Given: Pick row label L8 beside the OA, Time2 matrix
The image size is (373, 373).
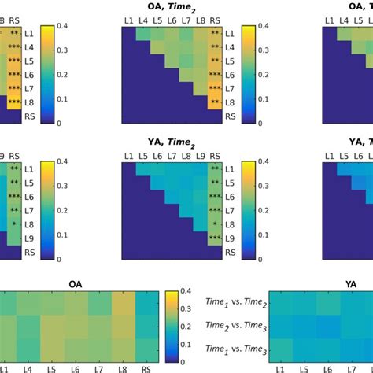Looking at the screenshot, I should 230,102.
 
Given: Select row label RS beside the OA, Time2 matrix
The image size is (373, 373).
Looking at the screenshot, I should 230,116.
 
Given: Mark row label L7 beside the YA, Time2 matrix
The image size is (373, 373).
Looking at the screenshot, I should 230,211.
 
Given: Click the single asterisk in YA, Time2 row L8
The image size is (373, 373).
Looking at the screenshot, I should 213,224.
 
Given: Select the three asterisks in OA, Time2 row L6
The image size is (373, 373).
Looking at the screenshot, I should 213,75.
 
